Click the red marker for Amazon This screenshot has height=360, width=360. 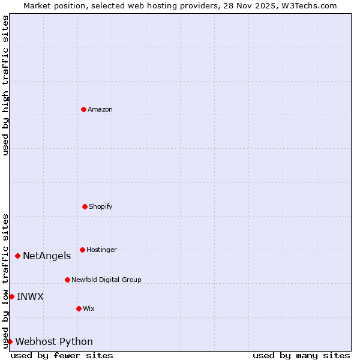tap(83, 109)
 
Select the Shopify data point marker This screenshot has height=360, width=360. tap(85, 206)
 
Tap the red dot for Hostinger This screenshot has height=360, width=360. tap(82, 250)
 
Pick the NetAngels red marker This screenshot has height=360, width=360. tap(17, 256)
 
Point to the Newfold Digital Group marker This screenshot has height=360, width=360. tap(67, 280)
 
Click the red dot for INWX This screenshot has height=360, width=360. tap(11, 296)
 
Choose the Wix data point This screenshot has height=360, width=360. tap(79, 308)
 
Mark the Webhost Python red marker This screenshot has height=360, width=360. tap(10, 341)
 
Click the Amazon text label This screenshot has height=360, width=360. tap(100, 109)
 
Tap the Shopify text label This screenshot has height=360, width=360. tap(101, 206)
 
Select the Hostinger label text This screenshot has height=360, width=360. tap(101, 250)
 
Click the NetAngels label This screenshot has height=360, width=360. tap(47, 256)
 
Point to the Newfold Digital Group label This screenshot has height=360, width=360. tap(106, 280)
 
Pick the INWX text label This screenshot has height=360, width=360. tap(30, 296)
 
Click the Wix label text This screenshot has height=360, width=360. tap(89, 308)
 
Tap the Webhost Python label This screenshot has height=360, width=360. tap(54, 342)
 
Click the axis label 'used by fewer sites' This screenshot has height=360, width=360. tap(62, 355)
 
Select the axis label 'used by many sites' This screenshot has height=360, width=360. tap(301, 355)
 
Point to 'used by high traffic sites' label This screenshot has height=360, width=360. tap(5, 85)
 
